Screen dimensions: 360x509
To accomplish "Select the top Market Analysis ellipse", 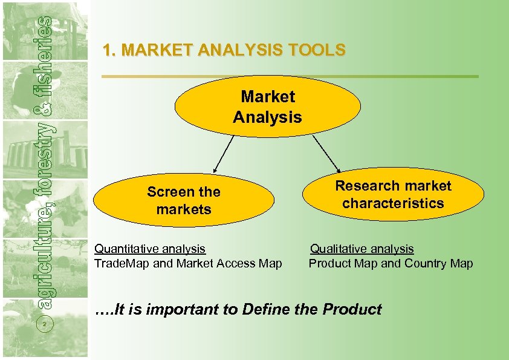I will coord(267,106).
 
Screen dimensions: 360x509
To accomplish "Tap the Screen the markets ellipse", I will coord(183,201).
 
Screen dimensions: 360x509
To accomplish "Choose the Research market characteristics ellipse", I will coord(393,194).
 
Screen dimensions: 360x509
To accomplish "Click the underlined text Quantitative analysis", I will coord(150,249).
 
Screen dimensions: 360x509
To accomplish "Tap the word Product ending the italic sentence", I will coord(352,310).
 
